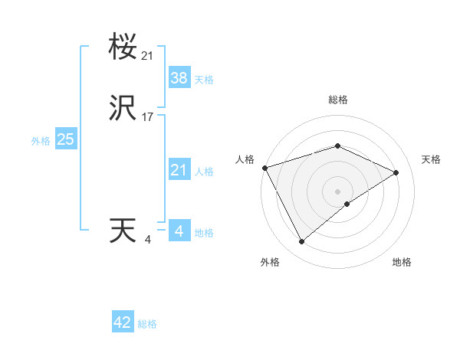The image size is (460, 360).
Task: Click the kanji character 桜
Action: (x=123, y=48)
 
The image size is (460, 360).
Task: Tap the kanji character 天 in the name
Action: (x=123, y=231)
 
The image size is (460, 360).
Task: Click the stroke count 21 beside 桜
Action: (x=148, y=55)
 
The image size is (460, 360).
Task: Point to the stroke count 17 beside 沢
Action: (x=148, y=117)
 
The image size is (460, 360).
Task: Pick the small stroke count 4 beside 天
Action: (x=148, y=239)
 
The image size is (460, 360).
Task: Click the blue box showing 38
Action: (x=179, y=77)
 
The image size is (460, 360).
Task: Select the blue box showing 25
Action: (x=65, y=139)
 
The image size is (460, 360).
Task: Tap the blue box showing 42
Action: (x=123, y=322)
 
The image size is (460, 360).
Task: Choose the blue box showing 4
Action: (x=179, y=231)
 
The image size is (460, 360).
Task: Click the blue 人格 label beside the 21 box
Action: (x=204, y=172)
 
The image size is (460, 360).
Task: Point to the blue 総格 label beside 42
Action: (x=147, y=324)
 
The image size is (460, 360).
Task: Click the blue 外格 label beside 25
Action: (x=41, y=141)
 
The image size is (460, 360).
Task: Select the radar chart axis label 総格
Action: (x=337, y=100)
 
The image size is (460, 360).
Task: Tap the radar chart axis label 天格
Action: (x=431, y=159)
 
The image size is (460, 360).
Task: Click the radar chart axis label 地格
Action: (x=402, y=263)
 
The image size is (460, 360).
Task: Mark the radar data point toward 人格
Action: (x=264, y=168)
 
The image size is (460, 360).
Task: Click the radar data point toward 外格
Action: (x=301, y=242)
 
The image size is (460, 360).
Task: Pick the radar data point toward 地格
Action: (x=347, y=204)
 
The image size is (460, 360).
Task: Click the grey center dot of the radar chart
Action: (x=337, y=191)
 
